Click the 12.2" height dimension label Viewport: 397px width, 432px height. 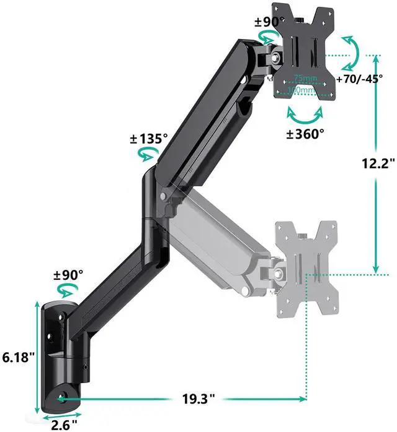pyautogui.click(x=379, y=163)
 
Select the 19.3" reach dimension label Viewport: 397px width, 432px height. pyautogui.click(x=198, y=399)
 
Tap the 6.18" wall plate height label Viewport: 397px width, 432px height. pyautogui.click(x=18, y=357)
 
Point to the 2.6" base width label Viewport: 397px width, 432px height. pyautogui.click(x=64, y=425)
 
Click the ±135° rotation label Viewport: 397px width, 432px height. pyautogui.click(x=149, y=139)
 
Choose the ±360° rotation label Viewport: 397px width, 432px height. pyautogui.click(x=305, y=134)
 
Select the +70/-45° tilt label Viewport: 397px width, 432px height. pyautogui.click(x=359, y=79)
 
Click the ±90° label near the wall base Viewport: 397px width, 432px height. pyautogui.click(x=68, y=275)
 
